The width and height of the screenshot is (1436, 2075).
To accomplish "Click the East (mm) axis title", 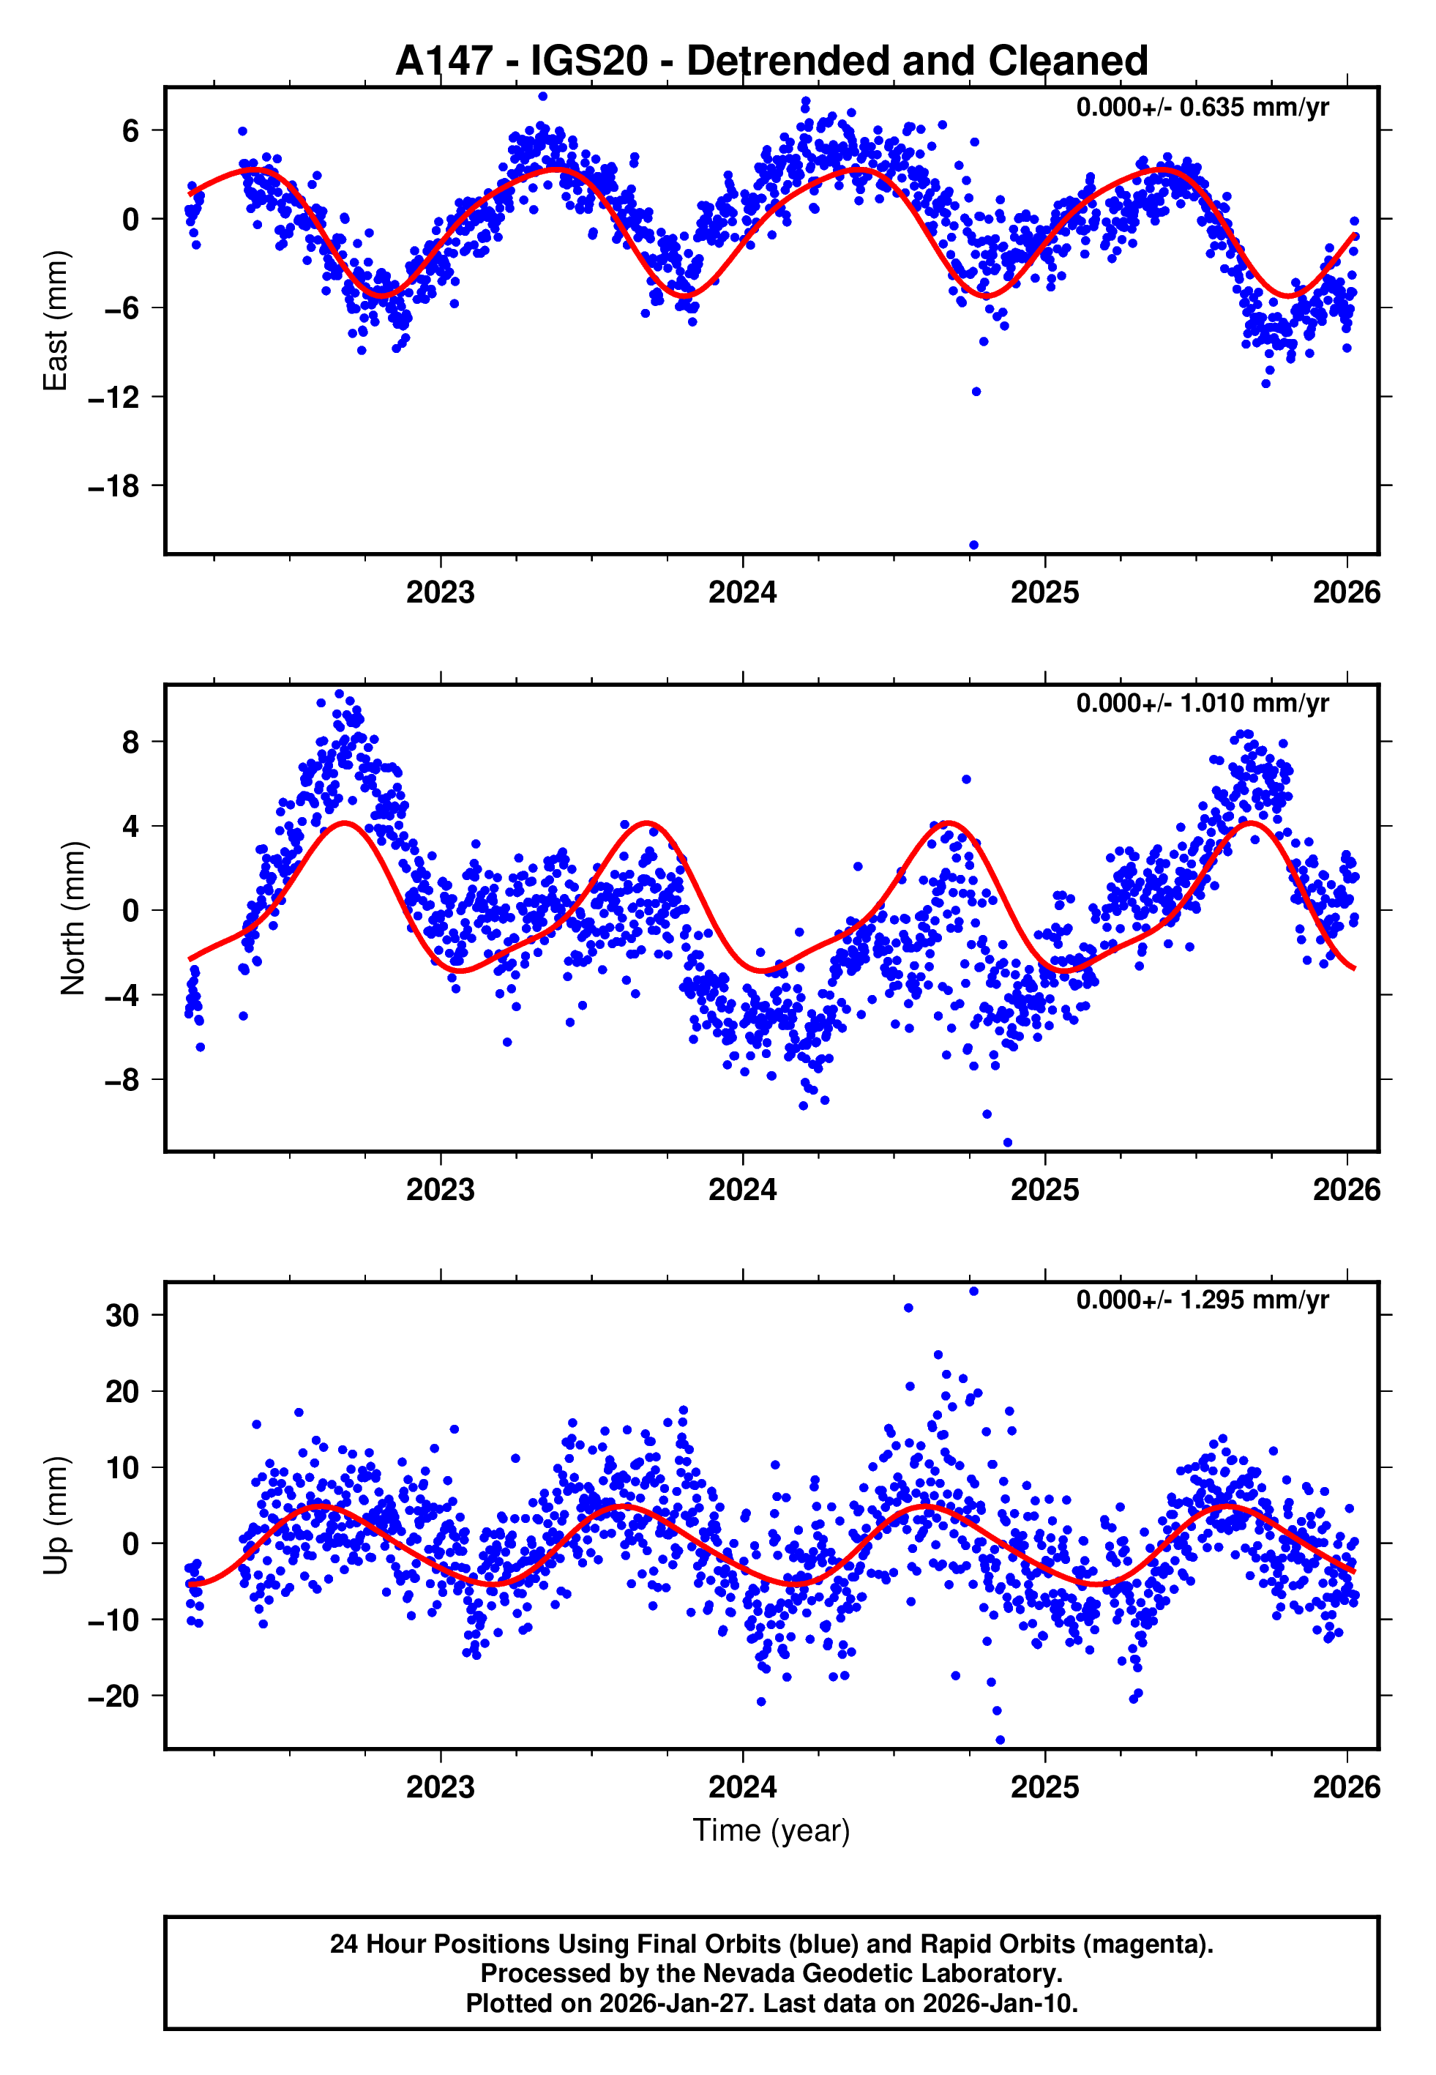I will (x=56, y=321).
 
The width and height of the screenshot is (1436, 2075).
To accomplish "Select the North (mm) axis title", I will (x=72, y=918).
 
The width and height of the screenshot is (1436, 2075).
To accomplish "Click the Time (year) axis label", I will (x=771, y=1831).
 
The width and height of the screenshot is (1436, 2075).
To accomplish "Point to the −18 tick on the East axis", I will (x=113, y=487).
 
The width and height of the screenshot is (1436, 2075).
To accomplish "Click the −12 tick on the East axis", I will (x=113, y=398).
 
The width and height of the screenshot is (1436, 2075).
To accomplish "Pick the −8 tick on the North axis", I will (x=121, y=1080).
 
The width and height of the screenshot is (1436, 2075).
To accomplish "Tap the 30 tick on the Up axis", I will (x=122, y=1316).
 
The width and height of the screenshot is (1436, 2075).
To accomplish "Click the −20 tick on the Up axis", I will (x=113, y=1697).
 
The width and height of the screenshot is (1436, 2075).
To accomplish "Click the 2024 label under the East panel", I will (x=742, y=593).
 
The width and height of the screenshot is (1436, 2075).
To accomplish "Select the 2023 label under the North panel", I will (x=440, y=1191).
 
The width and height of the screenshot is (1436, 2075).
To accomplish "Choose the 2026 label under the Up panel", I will (x=1346, y=1787).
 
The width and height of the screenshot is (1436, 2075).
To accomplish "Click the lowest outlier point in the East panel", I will (x=973, y=545).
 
